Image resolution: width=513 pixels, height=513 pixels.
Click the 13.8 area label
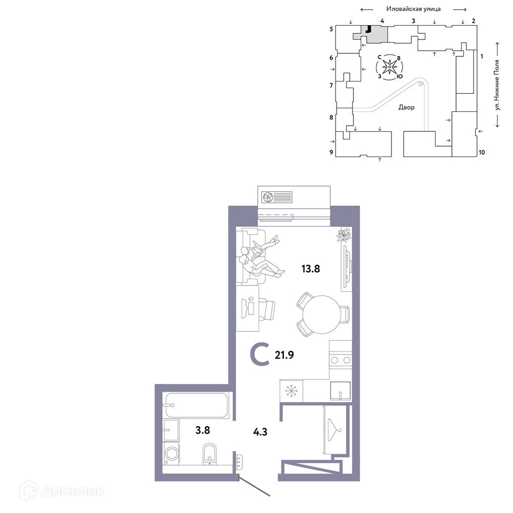310,269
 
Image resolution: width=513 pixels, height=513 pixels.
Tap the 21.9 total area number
284,355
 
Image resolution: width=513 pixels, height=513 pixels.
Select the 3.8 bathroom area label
203,430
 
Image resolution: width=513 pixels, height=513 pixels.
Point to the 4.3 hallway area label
261,432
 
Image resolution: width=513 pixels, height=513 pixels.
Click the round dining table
322,315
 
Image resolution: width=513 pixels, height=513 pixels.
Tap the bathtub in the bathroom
196,405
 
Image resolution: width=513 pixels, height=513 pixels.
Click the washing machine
171,454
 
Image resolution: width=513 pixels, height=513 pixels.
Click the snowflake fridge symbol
291,391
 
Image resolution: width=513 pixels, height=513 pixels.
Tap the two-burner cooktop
341,360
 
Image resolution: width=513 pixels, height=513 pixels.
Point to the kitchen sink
340,391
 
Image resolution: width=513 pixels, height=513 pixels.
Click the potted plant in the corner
344,235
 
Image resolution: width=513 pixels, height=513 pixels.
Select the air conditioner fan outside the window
268,198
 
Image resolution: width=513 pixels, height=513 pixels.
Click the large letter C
260,354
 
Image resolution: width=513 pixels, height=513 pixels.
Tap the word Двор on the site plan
406,107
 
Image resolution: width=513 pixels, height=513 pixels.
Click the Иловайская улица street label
413,9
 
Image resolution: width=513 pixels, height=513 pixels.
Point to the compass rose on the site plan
389,67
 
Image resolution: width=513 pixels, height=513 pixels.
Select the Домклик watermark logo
62,491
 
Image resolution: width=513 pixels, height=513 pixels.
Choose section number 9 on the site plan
331,152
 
